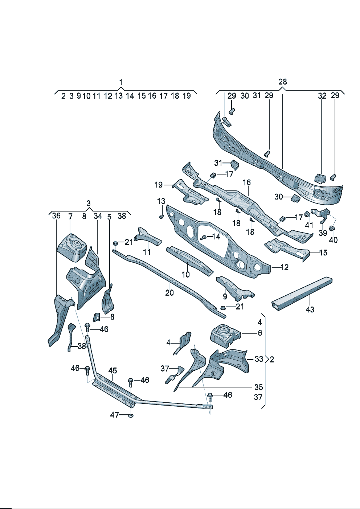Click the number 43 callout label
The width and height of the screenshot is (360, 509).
point(310,309)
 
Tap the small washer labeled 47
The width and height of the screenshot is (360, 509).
point(131,415)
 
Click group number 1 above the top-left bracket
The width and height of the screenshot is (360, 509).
point(121,82)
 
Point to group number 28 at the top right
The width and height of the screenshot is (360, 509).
point(282,82)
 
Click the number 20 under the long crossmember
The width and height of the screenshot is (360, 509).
point(169,292)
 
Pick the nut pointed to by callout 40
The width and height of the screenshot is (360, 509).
point(332,229)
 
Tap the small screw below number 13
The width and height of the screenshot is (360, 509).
point(161,217)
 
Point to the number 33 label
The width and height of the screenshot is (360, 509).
point(259,359)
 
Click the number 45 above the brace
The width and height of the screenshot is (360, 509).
point(112,370)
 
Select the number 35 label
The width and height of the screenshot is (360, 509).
point(258,387)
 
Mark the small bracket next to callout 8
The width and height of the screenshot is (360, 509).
point(97,317)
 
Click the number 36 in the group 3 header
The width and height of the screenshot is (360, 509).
point(56,216)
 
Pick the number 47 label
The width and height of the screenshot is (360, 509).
point(114,415)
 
